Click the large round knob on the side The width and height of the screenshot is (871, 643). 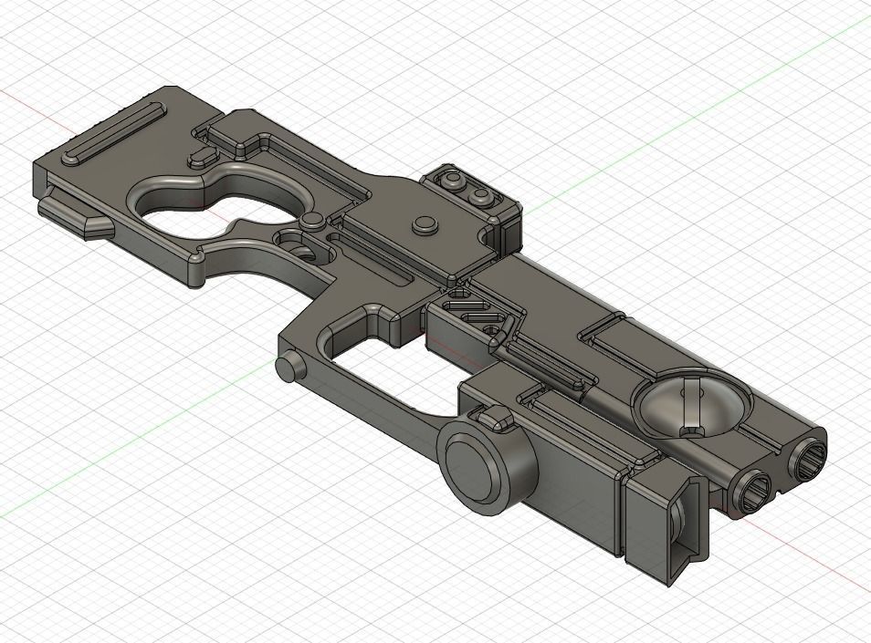coord(477,467)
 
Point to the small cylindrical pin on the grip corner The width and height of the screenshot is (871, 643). coord(289,366)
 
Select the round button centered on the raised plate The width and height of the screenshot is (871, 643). coord(423,223)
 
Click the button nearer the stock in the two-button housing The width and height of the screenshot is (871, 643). coord(451,182)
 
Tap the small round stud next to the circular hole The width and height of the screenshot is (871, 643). coord(312,220)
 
